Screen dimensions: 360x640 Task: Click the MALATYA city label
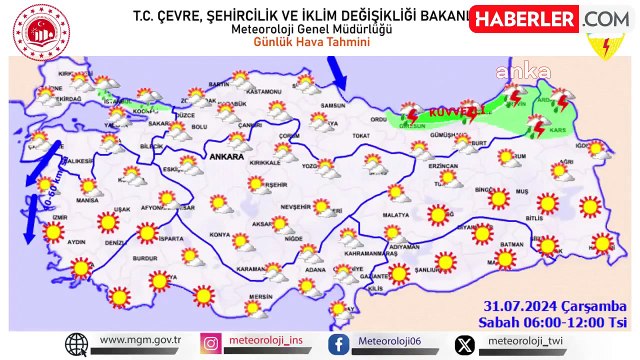pos(396,215)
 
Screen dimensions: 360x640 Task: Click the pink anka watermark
pos(530,71)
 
